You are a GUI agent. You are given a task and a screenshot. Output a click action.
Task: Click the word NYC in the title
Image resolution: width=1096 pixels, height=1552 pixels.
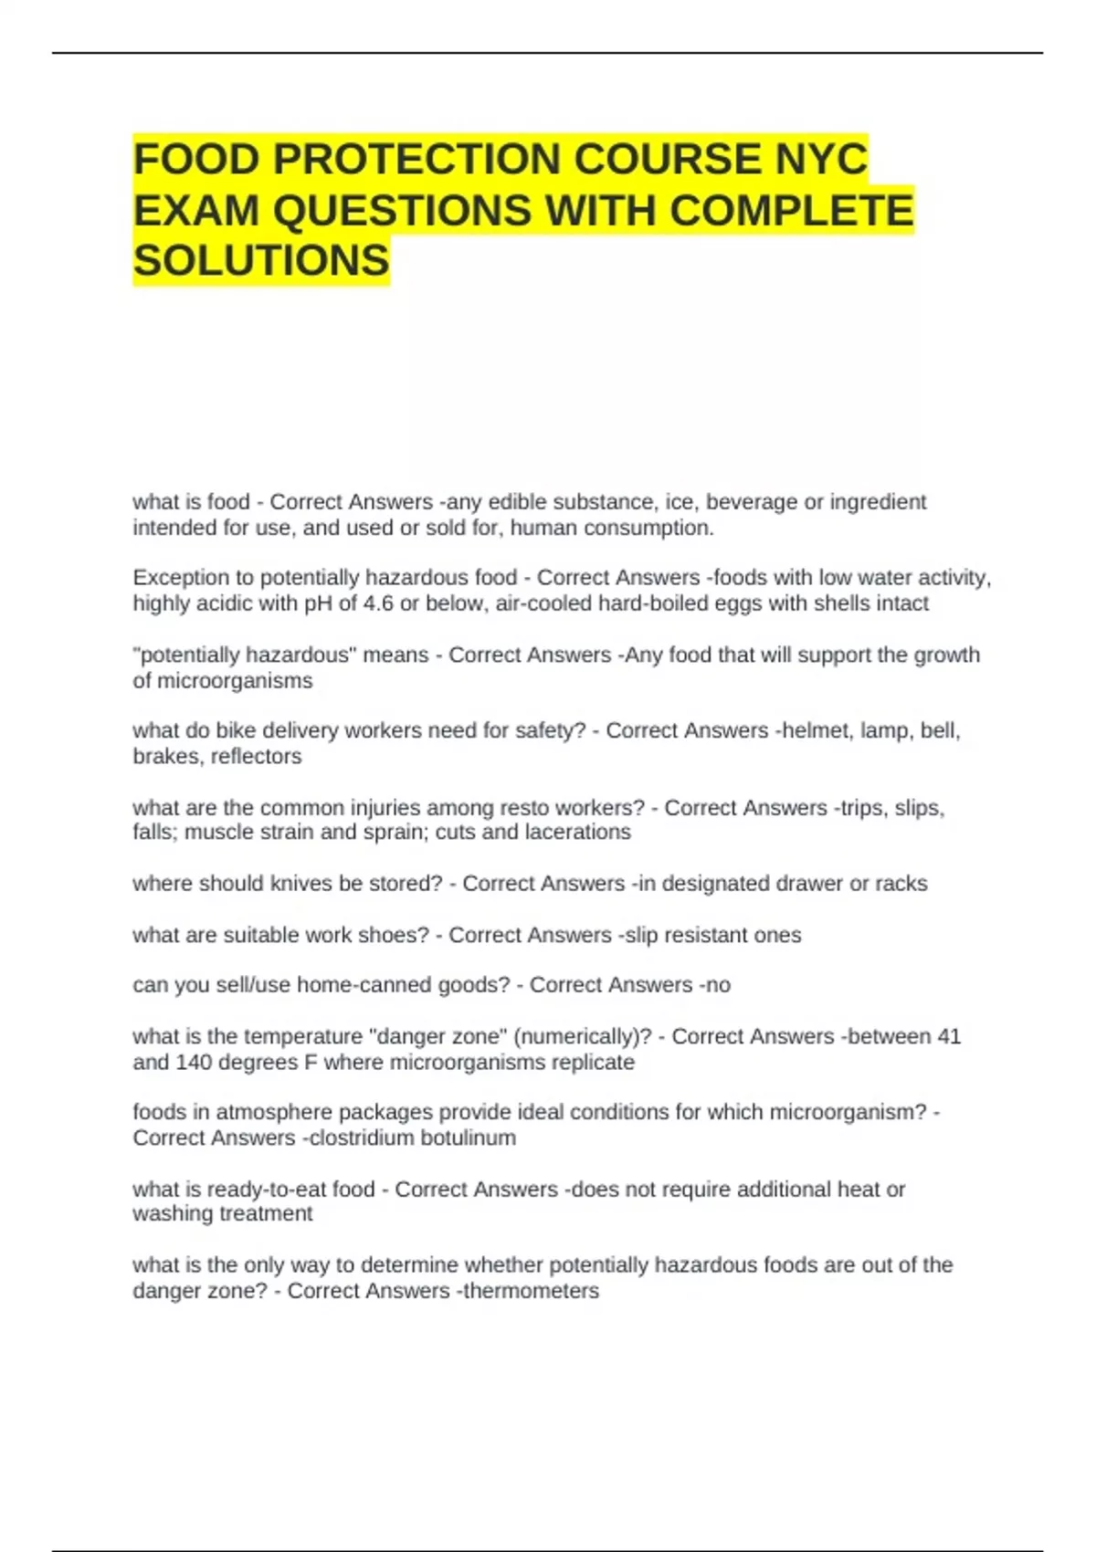click(x=821, y=159)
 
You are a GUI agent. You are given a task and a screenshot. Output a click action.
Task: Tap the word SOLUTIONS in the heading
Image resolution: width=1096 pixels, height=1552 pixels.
click(x=261, y=261)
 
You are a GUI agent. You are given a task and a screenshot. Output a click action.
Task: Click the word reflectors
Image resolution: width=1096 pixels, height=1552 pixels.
click(x=256, y=756)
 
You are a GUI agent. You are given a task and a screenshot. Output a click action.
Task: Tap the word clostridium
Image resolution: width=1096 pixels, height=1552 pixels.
click(x=361, y=1138)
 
